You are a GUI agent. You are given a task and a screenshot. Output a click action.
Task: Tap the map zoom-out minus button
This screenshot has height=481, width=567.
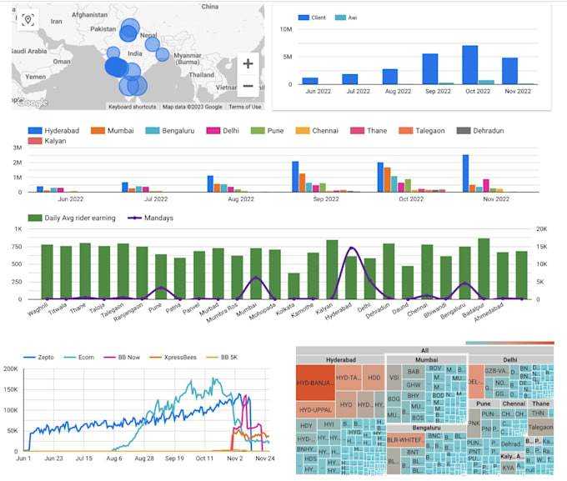[248, 86]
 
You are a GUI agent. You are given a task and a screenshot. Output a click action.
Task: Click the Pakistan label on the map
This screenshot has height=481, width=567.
[103, 28]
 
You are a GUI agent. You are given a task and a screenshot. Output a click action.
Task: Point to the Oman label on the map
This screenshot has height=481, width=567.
[61, 61]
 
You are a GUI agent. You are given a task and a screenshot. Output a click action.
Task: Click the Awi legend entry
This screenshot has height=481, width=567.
[347, 18]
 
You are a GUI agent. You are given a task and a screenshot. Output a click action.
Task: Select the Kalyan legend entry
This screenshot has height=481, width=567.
[50, 142]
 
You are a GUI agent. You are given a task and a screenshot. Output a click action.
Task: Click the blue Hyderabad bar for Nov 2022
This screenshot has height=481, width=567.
[465, 173]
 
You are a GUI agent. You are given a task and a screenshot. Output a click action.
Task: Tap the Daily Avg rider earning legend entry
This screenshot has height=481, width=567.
[79, 218]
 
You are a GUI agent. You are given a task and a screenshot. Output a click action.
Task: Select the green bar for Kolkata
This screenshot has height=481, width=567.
[294, 286]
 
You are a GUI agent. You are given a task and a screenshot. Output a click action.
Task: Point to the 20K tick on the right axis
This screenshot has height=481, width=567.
[540, 228]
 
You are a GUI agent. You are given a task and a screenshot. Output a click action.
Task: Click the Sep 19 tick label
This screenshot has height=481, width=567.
[174, 458]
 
